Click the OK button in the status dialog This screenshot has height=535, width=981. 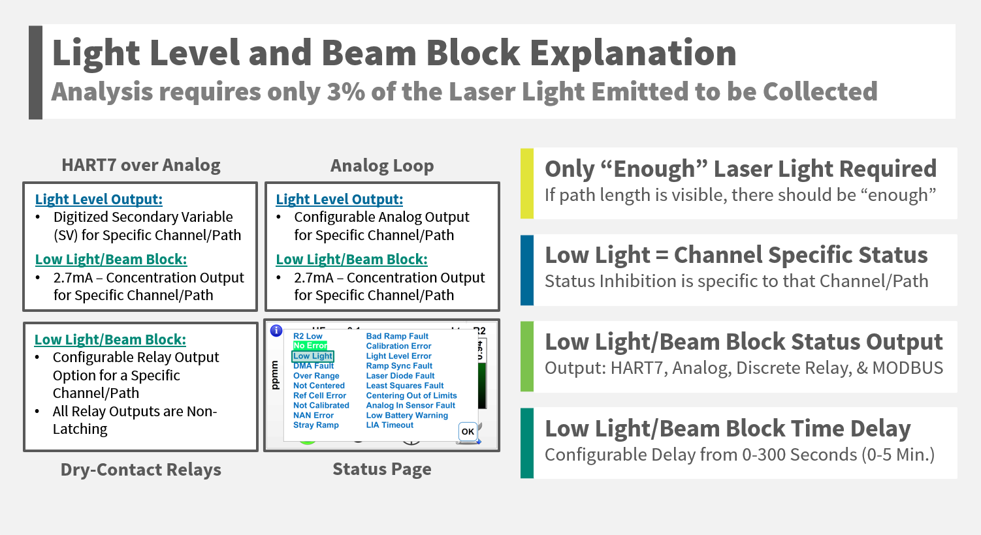pyautogui.click(x=468, y=431)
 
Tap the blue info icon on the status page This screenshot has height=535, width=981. pyautogui.click(x=276, y=331)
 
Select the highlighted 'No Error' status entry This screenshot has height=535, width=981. pyautogui.click(x=310, y=346)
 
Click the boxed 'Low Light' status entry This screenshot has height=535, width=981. pyautogui.click(x=313, y=356)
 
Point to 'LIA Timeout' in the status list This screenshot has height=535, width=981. pyautogui.click(x=390, y=425)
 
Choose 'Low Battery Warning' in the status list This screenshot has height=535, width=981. pyautogui.click(x=407, y=416)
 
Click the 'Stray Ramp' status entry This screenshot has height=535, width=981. pyautogui.click(x=316, y=425)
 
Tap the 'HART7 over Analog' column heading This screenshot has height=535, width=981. pyautogui.click(x=141, y=166)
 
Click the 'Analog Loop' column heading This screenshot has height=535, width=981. pyautogui.click(x=382, y=166)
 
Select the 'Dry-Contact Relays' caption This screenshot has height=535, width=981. pyautogui.click(x=141, y=470)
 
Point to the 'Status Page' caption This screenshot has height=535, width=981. pyautogui.click(x=382, y=469)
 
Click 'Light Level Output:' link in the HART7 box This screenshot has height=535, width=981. pyautogui.click(x=99, y=200)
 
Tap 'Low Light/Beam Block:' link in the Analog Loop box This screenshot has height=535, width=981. pyautogui.click(x=351, y=260)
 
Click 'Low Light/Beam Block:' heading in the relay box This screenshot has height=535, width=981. pyautogui.click(x=110, y=340)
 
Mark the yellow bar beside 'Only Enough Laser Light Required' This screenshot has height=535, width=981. pyautogui.click(x=527, y=183)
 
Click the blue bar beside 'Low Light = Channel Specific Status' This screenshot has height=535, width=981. pyautogui.click(x=527, y=270)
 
